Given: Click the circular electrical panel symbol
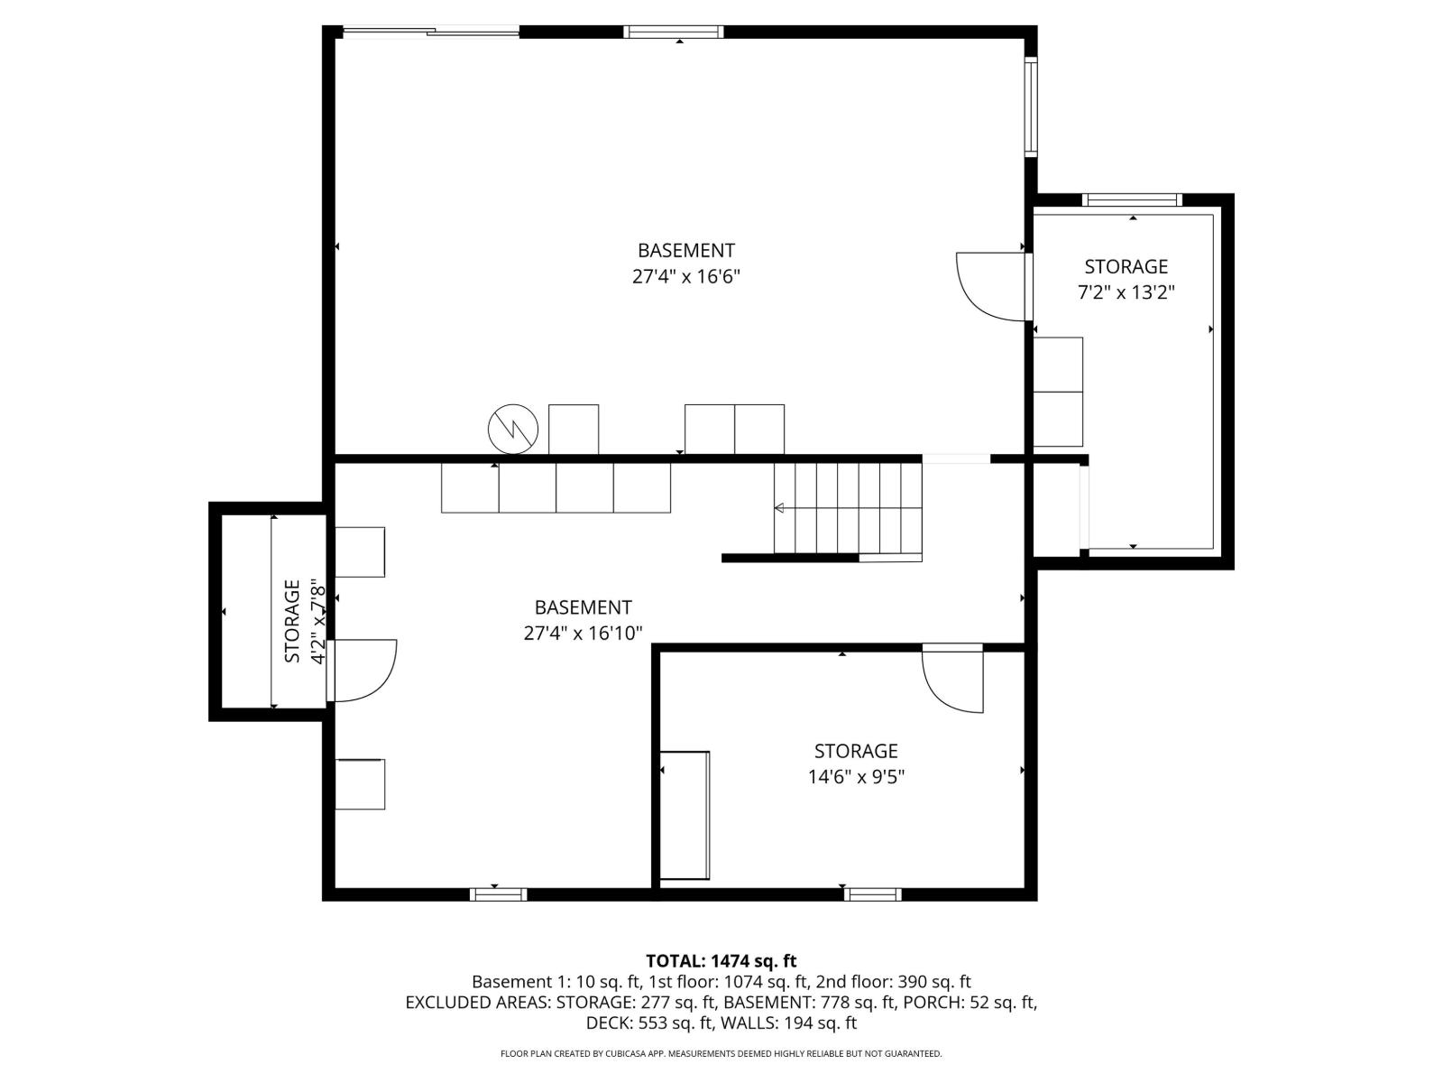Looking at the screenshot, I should click(x=513, y=429).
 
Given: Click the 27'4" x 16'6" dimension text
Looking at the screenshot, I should click(x=686, y=276).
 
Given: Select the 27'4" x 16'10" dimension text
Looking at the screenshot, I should click(x=583, y=634).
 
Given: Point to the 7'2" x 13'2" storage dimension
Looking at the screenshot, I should click(x=1126, y=292).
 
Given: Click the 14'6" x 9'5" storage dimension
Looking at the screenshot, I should click(x=856, y=776).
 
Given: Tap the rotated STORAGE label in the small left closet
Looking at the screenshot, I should click(x=292, y=622).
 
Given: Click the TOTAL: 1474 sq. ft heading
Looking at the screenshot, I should click(x=721, y=961).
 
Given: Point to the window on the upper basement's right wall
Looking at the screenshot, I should click(x=1031, y=106).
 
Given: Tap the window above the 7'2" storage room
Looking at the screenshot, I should click(x=1132, y=200).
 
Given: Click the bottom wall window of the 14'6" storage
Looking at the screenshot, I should click(x=872, y=894).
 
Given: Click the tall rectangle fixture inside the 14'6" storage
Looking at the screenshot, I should click(x=685, y=815).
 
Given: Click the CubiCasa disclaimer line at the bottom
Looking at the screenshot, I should click(x=721, y=1053).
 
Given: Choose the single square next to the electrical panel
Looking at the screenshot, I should click(x=574, y=430).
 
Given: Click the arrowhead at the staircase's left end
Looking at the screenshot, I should click(x=779, y=509).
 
